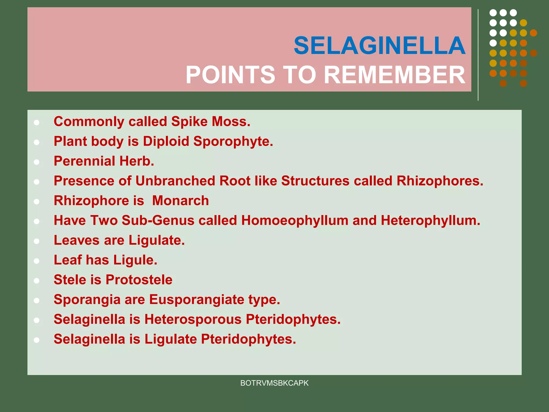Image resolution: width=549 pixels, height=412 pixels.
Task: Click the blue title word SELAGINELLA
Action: (x=380, y=46)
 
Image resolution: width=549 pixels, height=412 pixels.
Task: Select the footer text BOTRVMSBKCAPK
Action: (x=274, y=383)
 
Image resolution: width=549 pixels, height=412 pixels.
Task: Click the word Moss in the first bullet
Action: (x=231, y=122)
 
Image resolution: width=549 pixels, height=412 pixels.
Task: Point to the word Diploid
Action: (x=166, y=141)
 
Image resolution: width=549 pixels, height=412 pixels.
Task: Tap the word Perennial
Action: (x=84, y=161)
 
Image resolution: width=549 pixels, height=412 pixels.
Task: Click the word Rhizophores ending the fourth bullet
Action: (x=440, y=181)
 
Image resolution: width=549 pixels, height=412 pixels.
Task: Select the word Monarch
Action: (x=180, y=201)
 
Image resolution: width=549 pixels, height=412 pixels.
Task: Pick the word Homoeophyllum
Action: (x=295, y=220)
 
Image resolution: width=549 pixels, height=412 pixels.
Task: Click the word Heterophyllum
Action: (x=431, y=220)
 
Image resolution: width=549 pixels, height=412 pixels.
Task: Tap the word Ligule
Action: (x=135, y=260)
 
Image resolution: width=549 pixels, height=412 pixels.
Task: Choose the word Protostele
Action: (x=139, y=280)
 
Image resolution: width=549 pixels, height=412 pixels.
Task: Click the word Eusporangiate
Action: (x=196, y=300)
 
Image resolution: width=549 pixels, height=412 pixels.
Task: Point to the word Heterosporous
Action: (x=193, y=319)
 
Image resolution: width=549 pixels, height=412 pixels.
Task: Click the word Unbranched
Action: (x=175, y=181)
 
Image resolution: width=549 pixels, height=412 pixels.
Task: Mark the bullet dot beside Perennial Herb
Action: (x=37, y=162)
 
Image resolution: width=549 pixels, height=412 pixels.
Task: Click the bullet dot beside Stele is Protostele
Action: (x=37, y=281)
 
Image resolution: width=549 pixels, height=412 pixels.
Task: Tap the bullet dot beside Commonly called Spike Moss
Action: (x=37, y=123)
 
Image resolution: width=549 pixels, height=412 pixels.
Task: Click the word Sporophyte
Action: (x=233, y=141)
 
